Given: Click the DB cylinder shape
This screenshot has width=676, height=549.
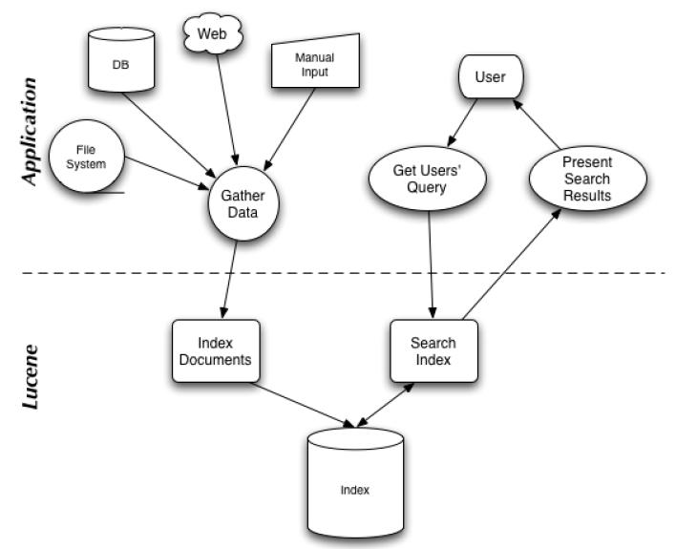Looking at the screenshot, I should (x=120, y=61).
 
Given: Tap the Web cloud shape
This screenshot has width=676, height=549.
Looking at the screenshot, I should (x=212, y=35).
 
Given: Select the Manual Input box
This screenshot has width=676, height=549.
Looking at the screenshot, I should (x=314, y=64).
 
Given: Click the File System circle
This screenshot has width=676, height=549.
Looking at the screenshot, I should (x=86, y=157).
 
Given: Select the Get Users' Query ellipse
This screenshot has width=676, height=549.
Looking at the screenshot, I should (x=427, y=178).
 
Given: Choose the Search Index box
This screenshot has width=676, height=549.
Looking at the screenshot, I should (x=433, y=350).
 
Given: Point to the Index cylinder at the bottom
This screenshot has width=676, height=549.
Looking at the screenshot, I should (x=354, y=489).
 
